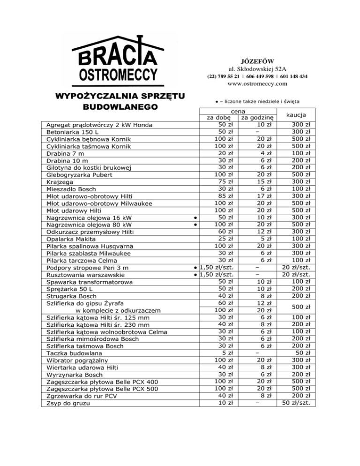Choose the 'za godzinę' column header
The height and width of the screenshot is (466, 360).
(x=257, y=117)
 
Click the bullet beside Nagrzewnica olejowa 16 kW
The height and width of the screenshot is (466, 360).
(x=194, y=217)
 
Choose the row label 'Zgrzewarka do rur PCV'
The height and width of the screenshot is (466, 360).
(x=81, y=396)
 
